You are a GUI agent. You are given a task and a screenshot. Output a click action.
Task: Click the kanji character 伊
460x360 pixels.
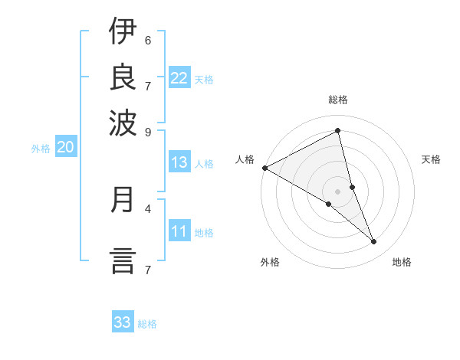coord(123,32)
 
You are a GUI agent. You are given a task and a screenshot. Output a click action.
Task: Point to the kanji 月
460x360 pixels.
coord(123,200)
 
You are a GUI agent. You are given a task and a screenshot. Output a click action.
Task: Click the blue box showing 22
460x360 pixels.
coord(179,78)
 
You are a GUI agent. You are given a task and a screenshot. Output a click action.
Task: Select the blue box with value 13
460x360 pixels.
coord(179,162)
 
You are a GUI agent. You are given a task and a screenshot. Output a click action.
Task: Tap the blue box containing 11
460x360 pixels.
coord(179,231)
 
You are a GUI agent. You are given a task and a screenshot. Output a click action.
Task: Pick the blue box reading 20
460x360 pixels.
coord(65,148)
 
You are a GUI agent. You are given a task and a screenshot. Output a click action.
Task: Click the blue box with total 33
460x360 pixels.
coord(123,322)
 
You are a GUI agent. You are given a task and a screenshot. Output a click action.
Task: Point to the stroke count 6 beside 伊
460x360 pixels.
coord(147,40)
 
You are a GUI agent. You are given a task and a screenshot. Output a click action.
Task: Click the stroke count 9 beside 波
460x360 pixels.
coord(147,131)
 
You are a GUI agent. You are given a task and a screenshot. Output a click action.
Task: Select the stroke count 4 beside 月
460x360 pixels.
coord(147,208)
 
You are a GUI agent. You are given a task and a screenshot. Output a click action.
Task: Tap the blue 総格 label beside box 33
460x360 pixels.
coord(147,324)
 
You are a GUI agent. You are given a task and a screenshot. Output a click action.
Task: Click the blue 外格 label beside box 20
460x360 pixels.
coord(41,149)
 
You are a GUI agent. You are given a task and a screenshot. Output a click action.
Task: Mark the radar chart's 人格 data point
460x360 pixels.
coord(264,168)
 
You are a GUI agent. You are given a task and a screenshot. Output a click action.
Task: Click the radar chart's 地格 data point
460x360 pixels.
coord(374,242)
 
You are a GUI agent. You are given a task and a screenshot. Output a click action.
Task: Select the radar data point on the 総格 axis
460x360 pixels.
coord(338,130)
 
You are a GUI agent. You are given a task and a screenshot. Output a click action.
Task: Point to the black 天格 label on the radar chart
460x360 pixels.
coord(431,159)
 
